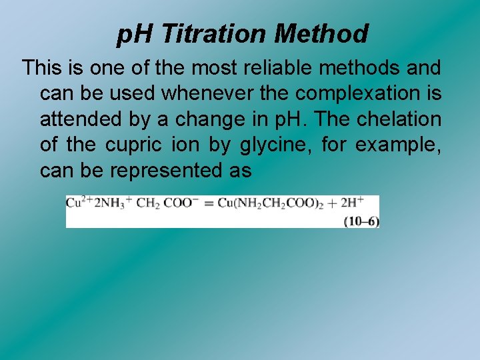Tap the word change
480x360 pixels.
(221, 119)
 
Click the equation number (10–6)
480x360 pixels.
(361, 222)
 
